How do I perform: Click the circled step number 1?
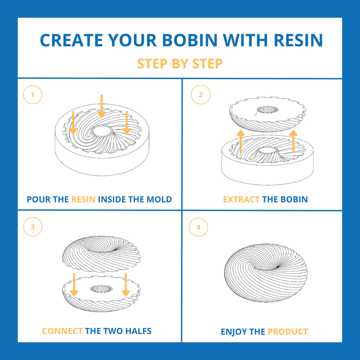click(x=32, y=95)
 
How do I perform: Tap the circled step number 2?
click(x=201, y=95)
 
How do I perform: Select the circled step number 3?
click(x=32, y=227)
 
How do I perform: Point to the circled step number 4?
click(x=198, y=227)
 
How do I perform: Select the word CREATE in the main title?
click(x=70, y=40)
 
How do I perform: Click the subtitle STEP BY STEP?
click(x=180, y=64)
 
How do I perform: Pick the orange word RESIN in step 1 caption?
click(x=83, y=199)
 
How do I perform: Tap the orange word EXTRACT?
click(x=241, y=199)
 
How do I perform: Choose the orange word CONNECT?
click(x=62, y=331)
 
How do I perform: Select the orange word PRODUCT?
click(x=287, y=332)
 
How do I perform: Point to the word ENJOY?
click(x=234, y=332)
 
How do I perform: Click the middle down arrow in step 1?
click(x=102, y=106)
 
